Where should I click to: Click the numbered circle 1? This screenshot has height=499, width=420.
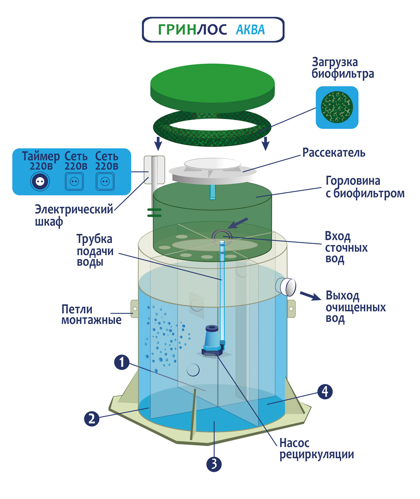pos(122,362)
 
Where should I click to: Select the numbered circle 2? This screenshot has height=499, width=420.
pos(92,418)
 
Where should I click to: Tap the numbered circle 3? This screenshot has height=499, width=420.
pos(214,464)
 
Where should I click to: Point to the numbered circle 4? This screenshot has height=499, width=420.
pos(325,391)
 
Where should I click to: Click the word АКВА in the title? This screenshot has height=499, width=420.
pos(250,30)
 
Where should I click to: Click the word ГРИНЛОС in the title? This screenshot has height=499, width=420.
pos(192,30)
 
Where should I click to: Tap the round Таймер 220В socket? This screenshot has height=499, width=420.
pos(40,181)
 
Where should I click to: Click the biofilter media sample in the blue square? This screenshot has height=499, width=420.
pos(337,107)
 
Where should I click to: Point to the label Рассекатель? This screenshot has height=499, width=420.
pos(334,153)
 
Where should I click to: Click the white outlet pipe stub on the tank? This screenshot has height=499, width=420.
pos(287,287)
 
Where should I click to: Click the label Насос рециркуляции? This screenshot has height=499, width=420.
pos(316,448)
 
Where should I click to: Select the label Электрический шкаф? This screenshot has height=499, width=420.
pos(74,215)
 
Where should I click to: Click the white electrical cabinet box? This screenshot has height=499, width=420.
pos(154,169)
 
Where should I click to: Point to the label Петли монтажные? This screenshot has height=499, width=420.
pos(91,314)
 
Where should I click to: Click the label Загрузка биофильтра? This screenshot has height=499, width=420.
pos(343,68)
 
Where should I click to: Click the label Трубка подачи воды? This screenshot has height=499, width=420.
pos(95,250)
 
